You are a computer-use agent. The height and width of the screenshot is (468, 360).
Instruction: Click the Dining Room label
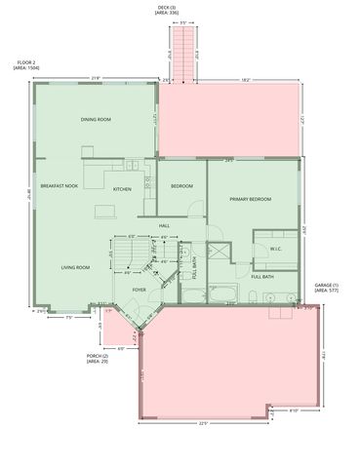click(96, 119)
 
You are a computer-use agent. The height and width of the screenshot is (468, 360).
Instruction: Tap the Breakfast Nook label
click(59, 185)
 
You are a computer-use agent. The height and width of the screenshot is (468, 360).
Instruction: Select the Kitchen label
click(122, 189)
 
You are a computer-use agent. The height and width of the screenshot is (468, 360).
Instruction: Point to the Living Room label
click(76, 267)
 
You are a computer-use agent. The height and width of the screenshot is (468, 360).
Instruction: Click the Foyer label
click(140, 290)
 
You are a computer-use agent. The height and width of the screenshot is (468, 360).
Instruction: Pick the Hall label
click(165, 225)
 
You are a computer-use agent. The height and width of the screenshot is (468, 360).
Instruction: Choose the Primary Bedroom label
click(251, 199)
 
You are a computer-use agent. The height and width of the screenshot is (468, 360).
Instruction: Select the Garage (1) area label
click(326, 288)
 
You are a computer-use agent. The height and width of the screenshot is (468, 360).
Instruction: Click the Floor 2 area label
click(26, 69)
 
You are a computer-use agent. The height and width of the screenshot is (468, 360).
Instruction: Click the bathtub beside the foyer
click(221, 293)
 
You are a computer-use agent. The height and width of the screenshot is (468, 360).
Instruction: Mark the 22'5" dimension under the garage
click(203, 423)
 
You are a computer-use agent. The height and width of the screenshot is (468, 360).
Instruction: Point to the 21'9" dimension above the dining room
click(96, 79)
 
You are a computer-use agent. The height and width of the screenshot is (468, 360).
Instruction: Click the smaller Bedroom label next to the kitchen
click(181, 185)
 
